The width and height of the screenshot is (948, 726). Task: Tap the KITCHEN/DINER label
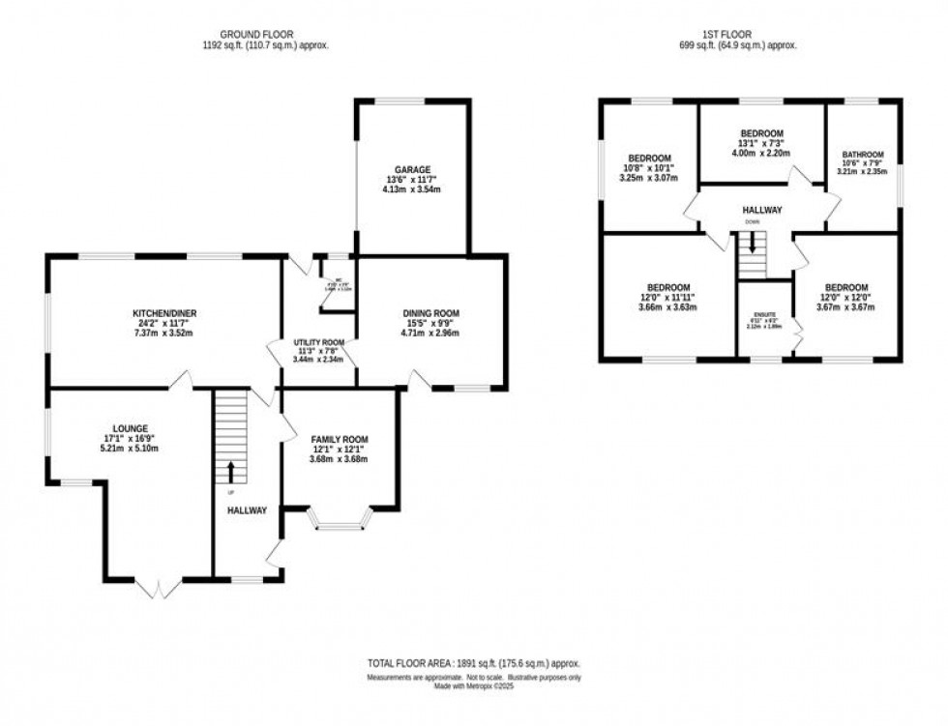click(x=165, y=313)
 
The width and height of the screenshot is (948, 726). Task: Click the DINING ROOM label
click(x=430, y=313)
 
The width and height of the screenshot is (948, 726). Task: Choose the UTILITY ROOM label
click(x=319, y=342)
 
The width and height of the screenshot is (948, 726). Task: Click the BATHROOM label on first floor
click(x=862, y=154)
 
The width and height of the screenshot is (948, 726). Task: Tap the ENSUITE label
click(x=764, y=314)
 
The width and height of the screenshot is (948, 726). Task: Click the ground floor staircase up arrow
click(x=231, y=472)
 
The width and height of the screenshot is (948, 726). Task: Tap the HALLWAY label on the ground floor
click(x=247, y=509)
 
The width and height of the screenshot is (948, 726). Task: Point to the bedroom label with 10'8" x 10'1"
click(x=649, y=159)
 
